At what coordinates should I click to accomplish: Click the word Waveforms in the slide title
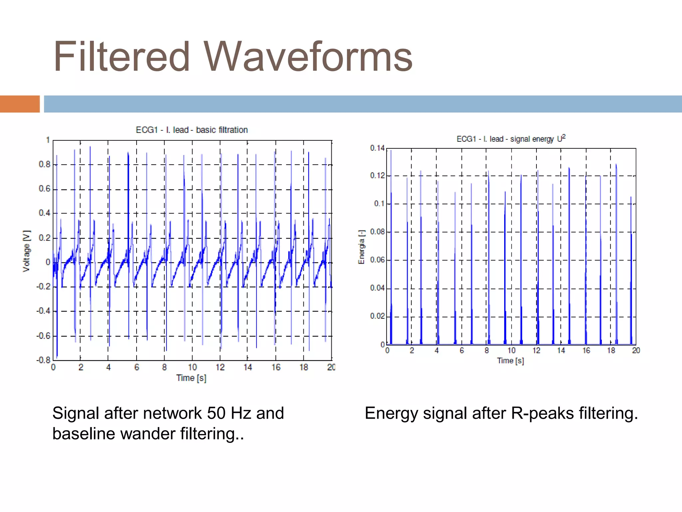308,57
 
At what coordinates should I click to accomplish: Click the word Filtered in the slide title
122,57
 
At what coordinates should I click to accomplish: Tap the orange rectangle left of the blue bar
20,104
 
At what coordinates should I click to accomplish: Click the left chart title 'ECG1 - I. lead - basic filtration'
191,130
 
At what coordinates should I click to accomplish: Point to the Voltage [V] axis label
27,251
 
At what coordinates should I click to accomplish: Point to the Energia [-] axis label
361,247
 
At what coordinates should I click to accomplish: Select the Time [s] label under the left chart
191,378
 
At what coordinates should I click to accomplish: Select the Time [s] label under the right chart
510,361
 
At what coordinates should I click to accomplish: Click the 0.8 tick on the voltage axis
44,164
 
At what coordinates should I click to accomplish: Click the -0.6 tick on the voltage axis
43,336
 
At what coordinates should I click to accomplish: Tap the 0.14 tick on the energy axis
377,148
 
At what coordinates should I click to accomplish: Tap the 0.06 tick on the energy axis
377,260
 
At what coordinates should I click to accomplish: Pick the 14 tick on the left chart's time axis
247,367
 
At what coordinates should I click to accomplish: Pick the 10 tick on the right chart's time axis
511,350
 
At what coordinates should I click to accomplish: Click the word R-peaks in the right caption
542,413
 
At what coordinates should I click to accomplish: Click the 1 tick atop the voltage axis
48,140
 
